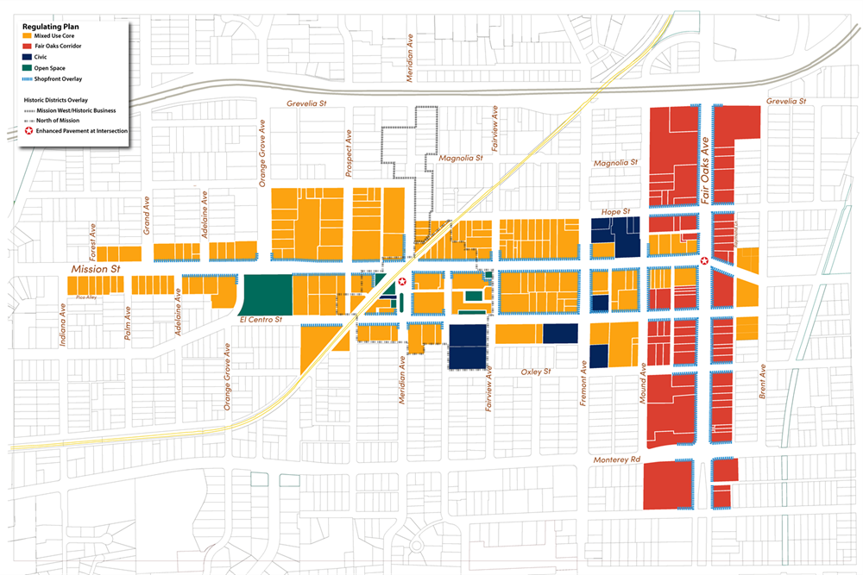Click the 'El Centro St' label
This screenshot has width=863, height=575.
pyautogui.click(x=259, y=319)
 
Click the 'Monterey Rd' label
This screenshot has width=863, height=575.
pyautogui.click(x=617, y=460)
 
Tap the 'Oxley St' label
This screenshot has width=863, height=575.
pyautogui.click(x=536, y=372)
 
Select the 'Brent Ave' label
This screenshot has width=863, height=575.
pyautogui.click(x=763, y=381)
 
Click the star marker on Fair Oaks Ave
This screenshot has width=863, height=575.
pyautogui.click(x=705, y=261)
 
